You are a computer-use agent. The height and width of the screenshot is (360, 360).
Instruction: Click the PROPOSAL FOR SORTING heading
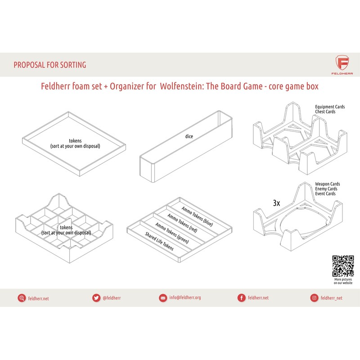point(49,65)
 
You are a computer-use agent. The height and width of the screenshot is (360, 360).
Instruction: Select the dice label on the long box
point(189,135)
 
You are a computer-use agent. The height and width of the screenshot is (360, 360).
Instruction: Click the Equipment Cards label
point(330,107)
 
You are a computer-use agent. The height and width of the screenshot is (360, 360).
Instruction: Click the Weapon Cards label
point(327,184)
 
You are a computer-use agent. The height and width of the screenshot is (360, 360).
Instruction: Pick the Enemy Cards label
point(326,189)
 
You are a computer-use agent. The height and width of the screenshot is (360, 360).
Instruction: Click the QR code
point(343,266)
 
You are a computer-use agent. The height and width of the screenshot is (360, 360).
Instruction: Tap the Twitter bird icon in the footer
point(96,298)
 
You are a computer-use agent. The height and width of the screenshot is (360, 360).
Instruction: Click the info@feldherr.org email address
point(185,298)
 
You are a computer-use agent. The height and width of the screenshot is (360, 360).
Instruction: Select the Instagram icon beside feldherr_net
point(314,298)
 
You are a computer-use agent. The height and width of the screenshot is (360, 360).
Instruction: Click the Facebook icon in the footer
point(241,298)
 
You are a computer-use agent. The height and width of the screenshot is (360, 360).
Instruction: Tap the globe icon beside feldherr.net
point(21,298)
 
